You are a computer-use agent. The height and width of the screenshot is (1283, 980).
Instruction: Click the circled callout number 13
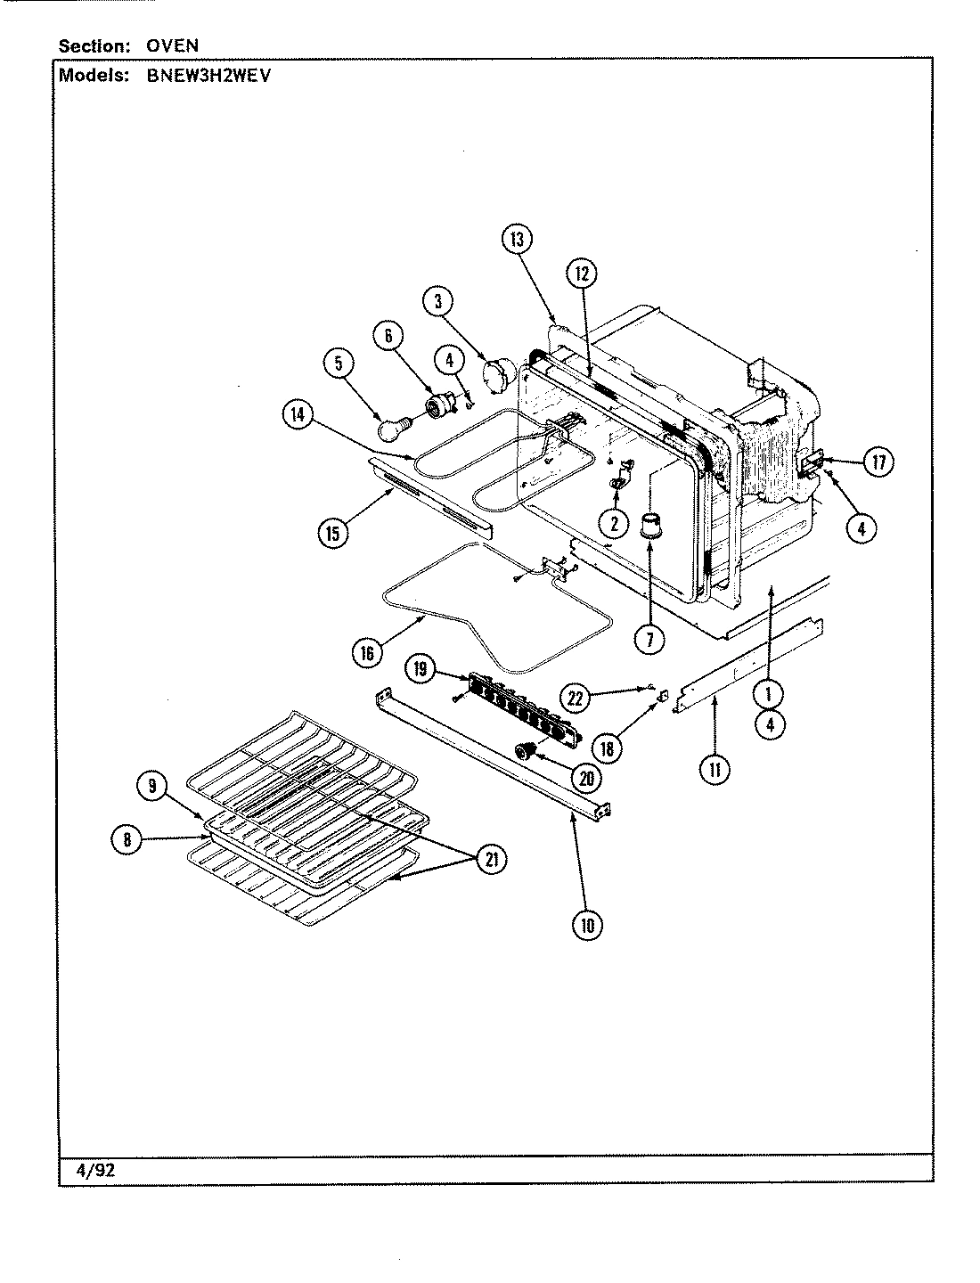(518, 240)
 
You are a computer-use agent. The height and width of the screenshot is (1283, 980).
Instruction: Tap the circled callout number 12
(582, 274)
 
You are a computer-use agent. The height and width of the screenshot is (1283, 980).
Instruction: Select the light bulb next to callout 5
(393, 429)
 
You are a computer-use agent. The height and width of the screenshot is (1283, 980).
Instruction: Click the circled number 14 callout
(298, 414)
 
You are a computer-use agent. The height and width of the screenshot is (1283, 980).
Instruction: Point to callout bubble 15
(333, 533)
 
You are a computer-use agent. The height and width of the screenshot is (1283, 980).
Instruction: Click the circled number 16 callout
(367, 652)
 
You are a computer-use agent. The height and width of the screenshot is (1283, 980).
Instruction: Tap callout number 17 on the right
(879, 462)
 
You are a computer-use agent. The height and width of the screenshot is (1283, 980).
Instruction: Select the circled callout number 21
(491, 859)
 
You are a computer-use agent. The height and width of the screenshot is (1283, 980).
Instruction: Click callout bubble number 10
(586, 925)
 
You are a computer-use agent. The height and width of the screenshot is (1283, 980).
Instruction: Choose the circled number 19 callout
(421, 667)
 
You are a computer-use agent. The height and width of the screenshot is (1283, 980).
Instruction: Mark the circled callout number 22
(576, 698)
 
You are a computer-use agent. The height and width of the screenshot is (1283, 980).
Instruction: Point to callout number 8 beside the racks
(127, 838)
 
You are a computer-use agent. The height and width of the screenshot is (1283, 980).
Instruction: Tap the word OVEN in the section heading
(173, 45)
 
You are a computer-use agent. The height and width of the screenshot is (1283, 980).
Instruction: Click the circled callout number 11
(714, 769)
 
